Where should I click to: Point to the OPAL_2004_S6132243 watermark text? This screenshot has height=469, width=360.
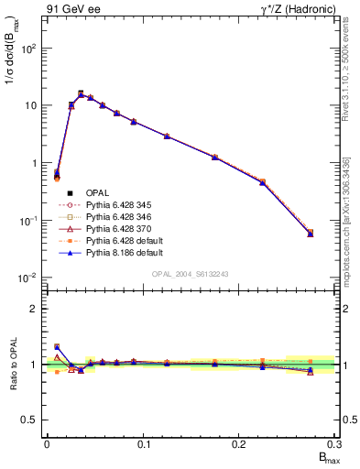click(191, 273)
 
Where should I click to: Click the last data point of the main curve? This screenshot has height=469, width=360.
click(311, 234)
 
